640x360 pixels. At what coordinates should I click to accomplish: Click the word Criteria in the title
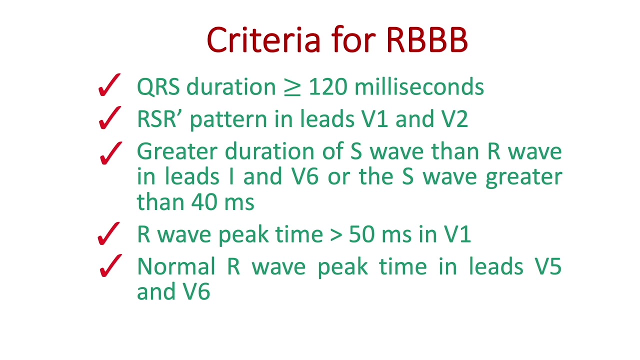pos(263,40)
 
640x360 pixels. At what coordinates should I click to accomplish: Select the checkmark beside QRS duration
pos(109,85)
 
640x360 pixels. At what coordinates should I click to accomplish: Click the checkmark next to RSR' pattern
pos(109,118)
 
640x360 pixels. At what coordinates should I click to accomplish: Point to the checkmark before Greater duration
pos(110,153)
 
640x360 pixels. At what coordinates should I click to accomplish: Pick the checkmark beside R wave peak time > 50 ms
pos(109,234)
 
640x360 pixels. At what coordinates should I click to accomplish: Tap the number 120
pos(327,87)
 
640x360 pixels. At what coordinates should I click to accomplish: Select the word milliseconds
pos(419,87)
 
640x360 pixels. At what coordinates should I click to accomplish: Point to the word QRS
pos(158,87)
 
